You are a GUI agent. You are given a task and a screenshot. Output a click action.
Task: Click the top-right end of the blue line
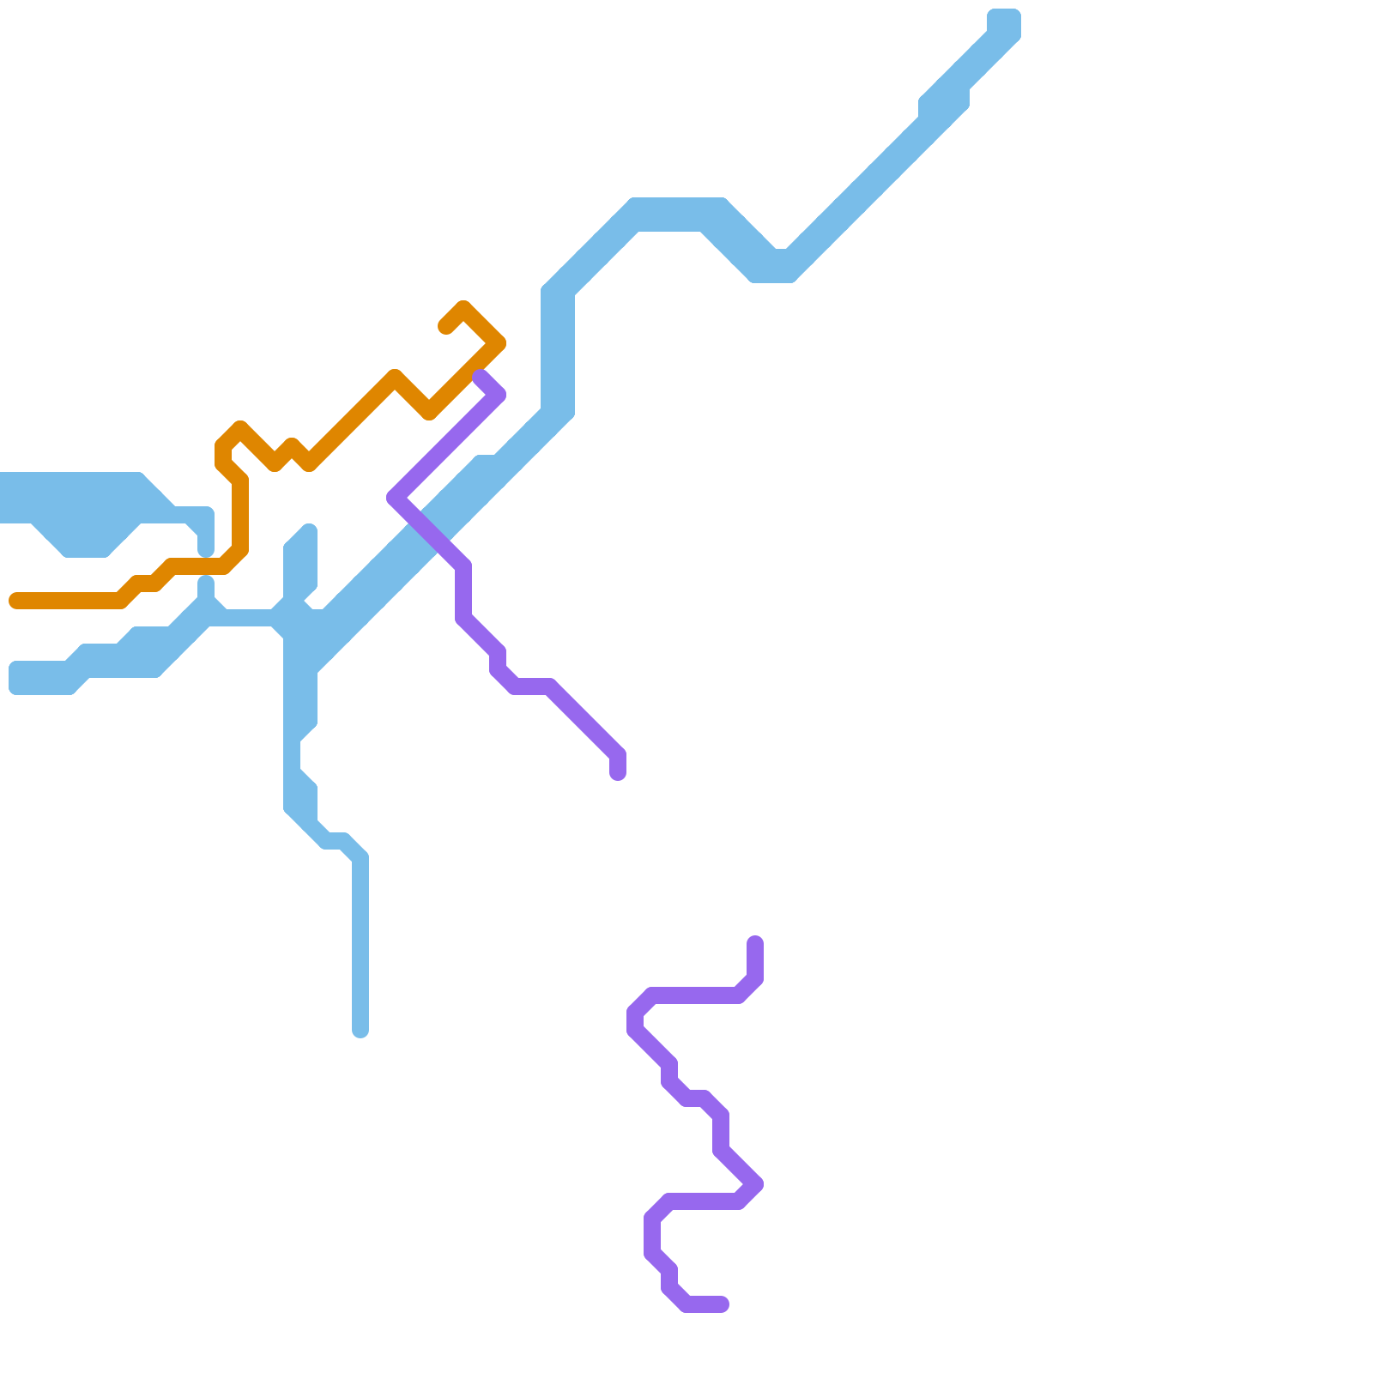[1004, 21]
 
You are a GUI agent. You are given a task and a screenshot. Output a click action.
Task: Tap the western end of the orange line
[15, 601]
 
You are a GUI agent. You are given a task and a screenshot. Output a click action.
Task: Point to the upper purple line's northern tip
[481, 376]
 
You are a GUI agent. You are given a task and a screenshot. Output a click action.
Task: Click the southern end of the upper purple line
[618, 773]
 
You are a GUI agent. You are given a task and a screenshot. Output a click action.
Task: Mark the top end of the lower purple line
[755, 943]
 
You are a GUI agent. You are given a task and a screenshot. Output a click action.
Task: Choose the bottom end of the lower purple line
[723, 1304]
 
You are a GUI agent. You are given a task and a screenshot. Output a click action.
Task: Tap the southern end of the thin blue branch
[360, 1030]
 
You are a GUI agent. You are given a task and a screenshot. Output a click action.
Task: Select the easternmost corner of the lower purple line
[757, 1185]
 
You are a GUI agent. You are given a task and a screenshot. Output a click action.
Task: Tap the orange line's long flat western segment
[69, 601]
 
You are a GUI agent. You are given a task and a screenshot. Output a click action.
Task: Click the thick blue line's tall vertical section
[558, 352]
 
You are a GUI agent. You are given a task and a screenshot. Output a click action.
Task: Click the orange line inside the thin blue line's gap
[206, 566]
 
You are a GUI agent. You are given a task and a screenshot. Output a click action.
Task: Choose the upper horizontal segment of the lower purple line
[695, 995]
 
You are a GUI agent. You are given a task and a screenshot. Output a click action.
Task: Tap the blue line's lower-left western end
[17, 677]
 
